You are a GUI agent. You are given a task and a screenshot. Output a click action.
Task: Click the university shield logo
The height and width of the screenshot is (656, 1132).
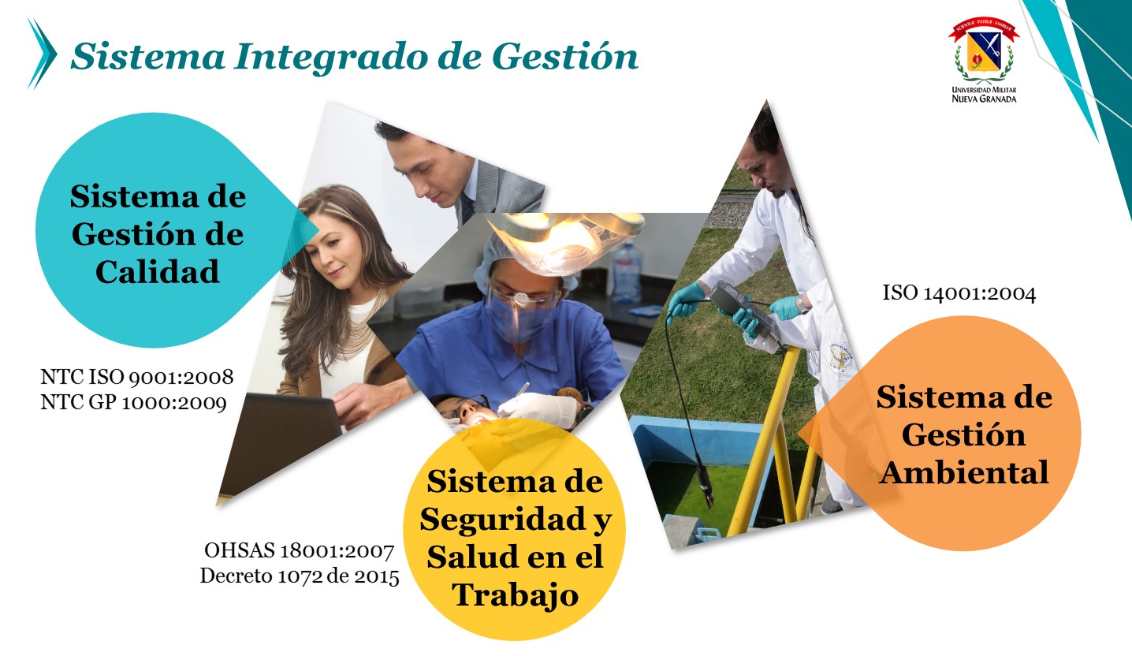[984, 50]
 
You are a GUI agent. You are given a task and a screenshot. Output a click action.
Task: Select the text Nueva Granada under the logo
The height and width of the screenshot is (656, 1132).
[984, 99]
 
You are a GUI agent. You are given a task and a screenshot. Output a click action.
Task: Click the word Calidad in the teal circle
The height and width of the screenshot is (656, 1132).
[157, 272]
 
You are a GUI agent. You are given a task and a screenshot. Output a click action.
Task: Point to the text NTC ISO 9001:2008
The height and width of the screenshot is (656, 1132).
[137, 377]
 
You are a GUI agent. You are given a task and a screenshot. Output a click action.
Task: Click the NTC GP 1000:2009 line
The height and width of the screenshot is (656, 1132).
[133, 403]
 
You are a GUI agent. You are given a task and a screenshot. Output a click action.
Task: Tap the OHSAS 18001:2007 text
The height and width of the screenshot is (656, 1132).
[300, 551]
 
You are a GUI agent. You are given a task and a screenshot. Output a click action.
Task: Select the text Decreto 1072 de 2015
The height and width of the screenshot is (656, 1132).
[300, 576]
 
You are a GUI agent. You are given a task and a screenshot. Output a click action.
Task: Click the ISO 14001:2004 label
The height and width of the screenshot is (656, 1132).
[959, 293]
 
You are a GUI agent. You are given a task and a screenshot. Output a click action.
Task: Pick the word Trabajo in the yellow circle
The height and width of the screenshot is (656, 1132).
[515, 595]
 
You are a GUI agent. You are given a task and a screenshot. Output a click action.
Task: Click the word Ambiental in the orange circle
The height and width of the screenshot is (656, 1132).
[964, 472]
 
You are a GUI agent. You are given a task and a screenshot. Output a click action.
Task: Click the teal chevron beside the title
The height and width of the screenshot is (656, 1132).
[43, 54]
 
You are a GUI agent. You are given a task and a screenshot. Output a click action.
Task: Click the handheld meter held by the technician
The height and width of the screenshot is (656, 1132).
[740, 311]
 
